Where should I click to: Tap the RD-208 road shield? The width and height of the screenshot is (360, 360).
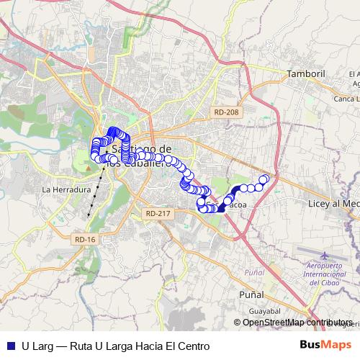[225, 112]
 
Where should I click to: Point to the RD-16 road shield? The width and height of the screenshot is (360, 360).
[84, 239]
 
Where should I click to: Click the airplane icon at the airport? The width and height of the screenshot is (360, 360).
[323, 256]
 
